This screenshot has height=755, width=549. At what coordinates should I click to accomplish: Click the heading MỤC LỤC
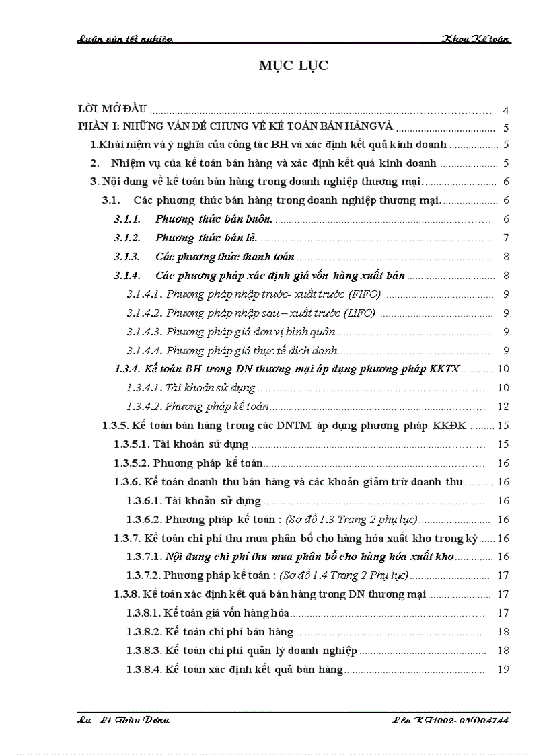tap(293, 65)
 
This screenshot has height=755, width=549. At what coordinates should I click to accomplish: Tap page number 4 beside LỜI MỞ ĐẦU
tap(505, 110)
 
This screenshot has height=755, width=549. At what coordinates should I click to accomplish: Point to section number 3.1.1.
tap(127, 219)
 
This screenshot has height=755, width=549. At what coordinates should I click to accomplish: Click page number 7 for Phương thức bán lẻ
tap(505, 238)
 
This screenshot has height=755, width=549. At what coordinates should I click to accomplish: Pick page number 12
tap(503, 406)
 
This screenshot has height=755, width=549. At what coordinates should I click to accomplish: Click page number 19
tap(503, 670)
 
